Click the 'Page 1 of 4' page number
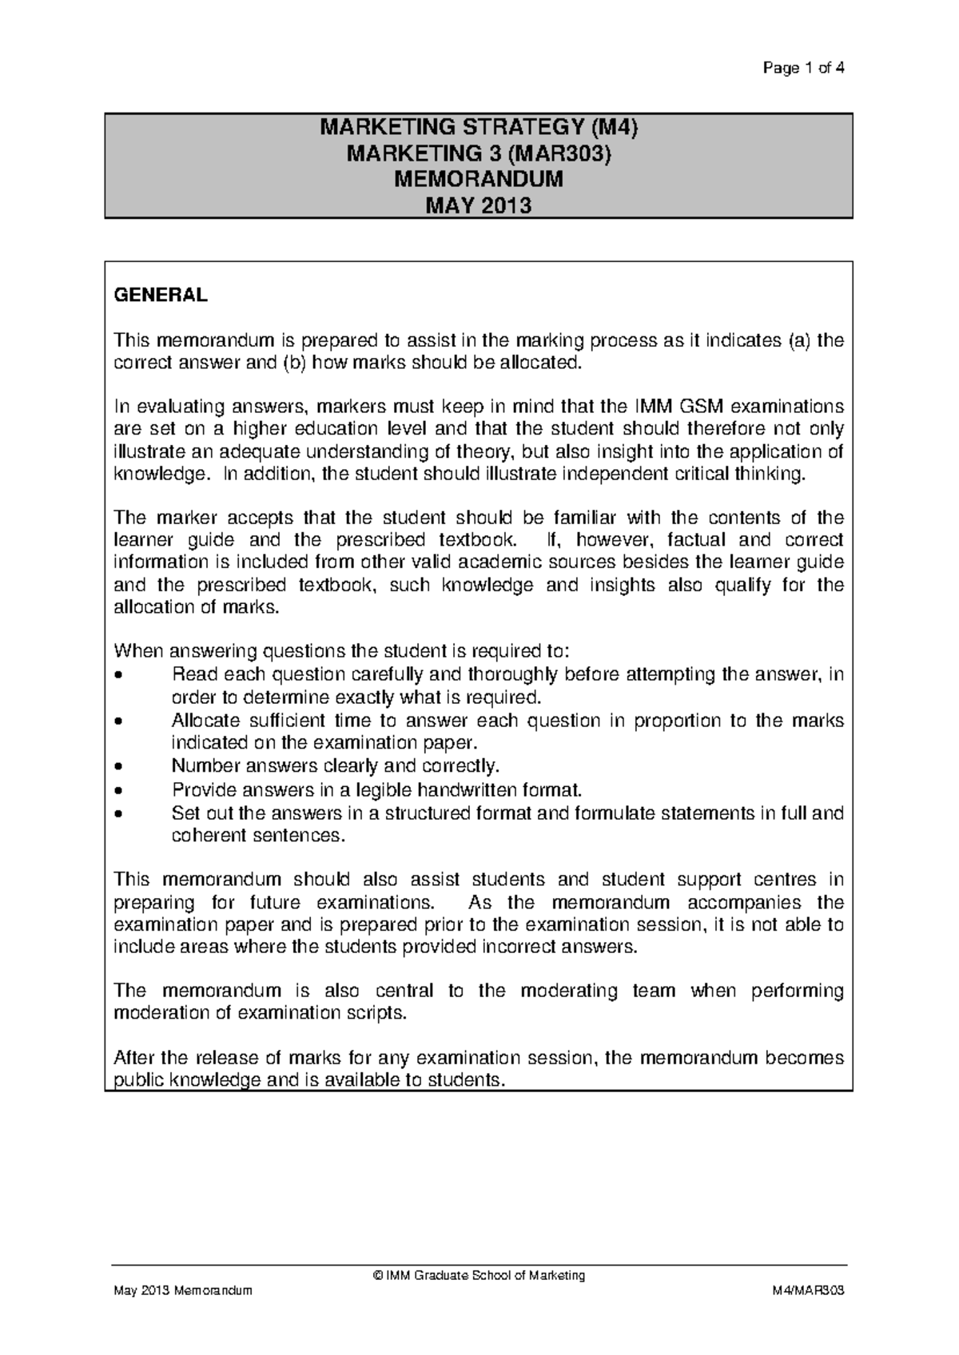[803, 68]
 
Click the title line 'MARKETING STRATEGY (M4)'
[479, 127]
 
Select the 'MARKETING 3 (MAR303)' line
[479, 153]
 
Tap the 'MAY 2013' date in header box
[479, 206]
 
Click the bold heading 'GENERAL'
[161, 295]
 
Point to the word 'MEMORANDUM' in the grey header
[479, 180]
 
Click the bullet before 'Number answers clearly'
[119, 767]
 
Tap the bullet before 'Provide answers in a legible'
[119, 790]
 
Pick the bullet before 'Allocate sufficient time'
[119, 721]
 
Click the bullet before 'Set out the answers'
[119, 814]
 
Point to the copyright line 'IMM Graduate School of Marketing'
[479, 1275]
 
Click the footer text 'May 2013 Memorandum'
[183, 1291]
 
